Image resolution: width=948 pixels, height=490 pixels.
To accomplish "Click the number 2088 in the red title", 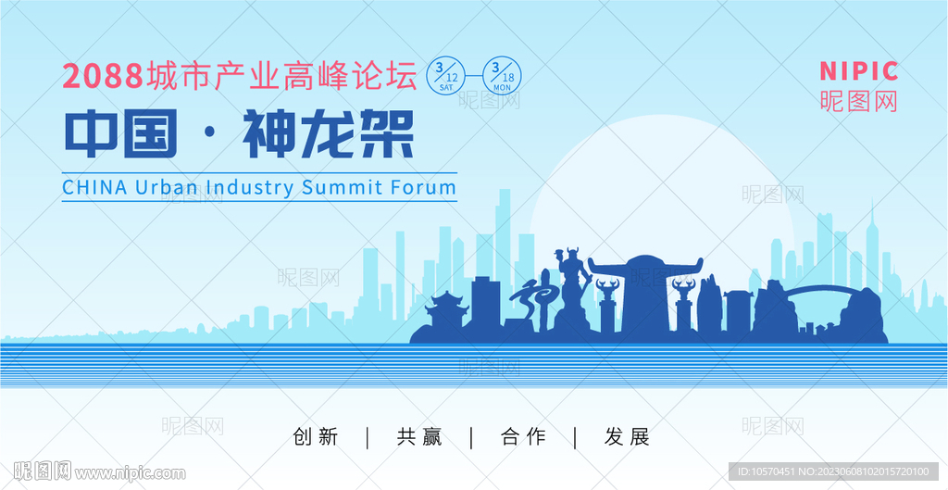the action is coord(103,77).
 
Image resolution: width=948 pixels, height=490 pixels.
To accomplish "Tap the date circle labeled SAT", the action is coord(445,76).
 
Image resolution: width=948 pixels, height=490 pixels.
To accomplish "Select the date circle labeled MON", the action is coord(502,76).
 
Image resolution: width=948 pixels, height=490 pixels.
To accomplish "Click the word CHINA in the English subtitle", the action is coord(95,187).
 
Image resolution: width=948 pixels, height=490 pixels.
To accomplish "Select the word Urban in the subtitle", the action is coord(167,187).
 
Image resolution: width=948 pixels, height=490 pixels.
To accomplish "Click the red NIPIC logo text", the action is coord(858,71).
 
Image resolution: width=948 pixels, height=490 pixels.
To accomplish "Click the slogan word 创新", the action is coord(315,436).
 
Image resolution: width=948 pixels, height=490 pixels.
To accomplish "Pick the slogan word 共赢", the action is coord(419,436).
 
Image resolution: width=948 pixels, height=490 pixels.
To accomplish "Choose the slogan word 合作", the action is coord(523,436).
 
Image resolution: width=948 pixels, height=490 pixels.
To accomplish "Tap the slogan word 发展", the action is coord(627,436).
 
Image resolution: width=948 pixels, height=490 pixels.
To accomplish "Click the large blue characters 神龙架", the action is coord(329,134).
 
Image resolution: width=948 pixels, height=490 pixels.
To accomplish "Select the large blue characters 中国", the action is coord(121,134).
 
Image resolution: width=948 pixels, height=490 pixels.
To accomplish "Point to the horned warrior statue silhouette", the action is coord(572,284).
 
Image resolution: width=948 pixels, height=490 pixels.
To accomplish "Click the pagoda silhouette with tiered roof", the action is coord(447,311).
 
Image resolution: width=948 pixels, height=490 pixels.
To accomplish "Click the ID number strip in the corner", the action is coord(834,471).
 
